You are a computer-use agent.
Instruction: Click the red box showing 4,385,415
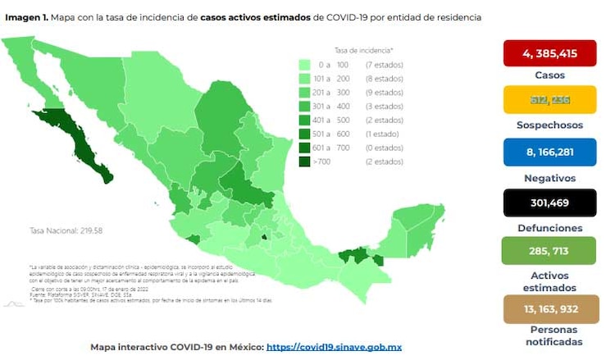[x=549, y=54]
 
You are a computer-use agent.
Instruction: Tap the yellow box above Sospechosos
[x=549, y=99]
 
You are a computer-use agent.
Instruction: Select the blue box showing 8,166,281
[x=549, y=151]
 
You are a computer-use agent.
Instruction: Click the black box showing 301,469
[x=549, y=203]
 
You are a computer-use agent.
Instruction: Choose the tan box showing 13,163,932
[x=549, y=309]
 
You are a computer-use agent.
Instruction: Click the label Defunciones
[x=550, y=228]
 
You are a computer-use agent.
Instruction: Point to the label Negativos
[x=550, y=177]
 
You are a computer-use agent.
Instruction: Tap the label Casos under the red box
[x=550, y=75]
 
